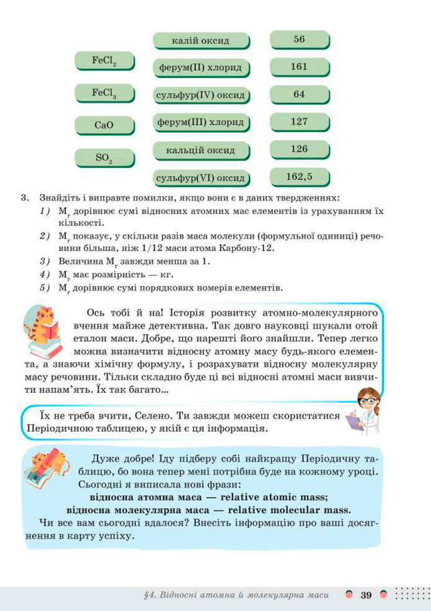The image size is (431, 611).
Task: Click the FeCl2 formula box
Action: pyautogui.click(x=104, y=61)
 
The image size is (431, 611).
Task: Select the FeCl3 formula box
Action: pyautogui.click(x=104, y=93)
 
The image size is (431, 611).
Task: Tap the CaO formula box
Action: pyautogui.click(x=104, y=125)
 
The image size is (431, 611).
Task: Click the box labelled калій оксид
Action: pyautogui.click(x=200, y=41)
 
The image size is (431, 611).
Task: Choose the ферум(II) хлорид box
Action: pyautogui.click(x=200, y=67)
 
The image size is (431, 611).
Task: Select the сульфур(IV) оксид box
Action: pyautogui.click(x=200, y=96)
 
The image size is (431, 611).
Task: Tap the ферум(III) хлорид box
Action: pyautogui.click(x=200, y=122)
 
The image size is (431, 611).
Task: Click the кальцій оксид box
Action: pyautogui.click(x=200, y=151)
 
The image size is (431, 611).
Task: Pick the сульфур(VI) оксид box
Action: pyautogui.click(x=200, y=178)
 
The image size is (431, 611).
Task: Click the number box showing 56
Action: pyautogui.click(x=299, y=40)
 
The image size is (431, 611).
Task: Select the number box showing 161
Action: pyautogui.click(x=299, y=66)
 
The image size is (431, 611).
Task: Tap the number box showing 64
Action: pyautogui.click(x=299, y=94)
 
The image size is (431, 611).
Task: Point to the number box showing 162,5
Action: pyautogui.click(x=299, y=177)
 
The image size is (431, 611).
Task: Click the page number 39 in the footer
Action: pyautogui.click(x=366, y=596)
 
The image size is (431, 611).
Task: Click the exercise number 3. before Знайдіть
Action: pyautogui.click(x=25, y=198)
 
